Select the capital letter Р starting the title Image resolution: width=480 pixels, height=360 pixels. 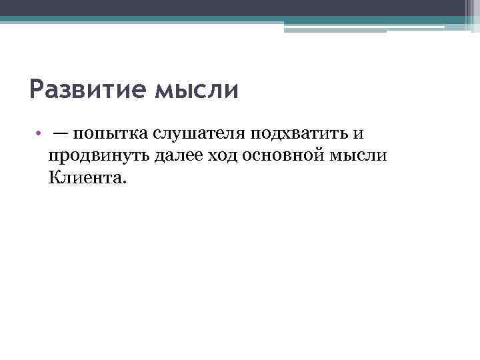(37, 89)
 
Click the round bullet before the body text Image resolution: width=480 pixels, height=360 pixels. (40, 133)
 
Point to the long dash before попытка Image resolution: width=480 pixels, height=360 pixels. (61, 133)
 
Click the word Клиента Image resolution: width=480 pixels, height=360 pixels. (84, 177)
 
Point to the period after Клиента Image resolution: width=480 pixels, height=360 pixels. (122, 181)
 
